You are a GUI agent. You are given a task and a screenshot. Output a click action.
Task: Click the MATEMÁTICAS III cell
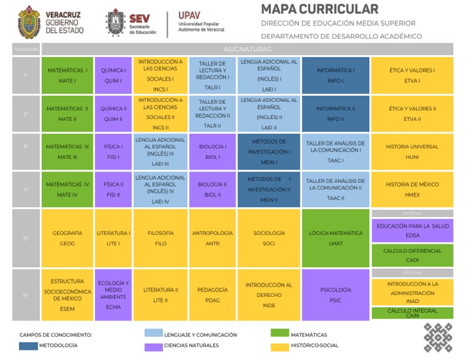pos(67,152)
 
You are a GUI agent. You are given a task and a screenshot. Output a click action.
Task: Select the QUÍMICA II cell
pos(113,114)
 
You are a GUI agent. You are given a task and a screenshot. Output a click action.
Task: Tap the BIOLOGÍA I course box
pos(212,152)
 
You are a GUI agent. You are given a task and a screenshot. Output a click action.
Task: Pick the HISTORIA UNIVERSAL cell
pos(412,152)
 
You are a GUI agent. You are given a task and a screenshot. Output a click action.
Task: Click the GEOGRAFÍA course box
pos(67,238)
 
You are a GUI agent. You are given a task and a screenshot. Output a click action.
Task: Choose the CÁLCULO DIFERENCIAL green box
pos(412,255)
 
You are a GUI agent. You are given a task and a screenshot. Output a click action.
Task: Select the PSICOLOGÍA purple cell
pos(335,295)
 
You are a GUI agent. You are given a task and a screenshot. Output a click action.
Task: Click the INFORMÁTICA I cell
pos(335,75)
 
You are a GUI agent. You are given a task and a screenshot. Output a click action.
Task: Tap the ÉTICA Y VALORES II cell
pos(412,114)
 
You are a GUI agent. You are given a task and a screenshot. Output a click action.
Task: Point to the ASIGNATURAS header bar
pos(247,49)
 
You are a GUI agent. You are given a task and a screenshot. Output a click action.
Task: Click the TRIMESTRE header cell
pos(26,49)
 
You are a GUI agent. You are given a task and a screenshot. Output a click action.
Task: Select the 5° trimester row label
pos(26,238)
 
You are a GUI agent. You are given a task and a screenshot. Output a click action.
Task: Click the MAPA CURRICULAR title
pos(320,9)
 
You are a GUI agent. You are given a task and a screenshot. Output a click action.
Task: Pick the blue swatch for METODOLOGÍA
pos(28,345)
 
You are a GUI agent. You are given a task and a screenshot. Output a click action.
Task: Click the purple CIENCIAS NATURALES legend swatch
pos(154,345)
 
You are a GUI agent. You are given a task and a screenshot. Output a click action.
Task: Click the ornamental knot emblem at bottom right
pos(437,338)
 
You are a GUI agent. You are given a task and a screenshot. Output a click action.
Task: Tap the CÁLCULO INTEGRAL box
pos(412,313)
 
